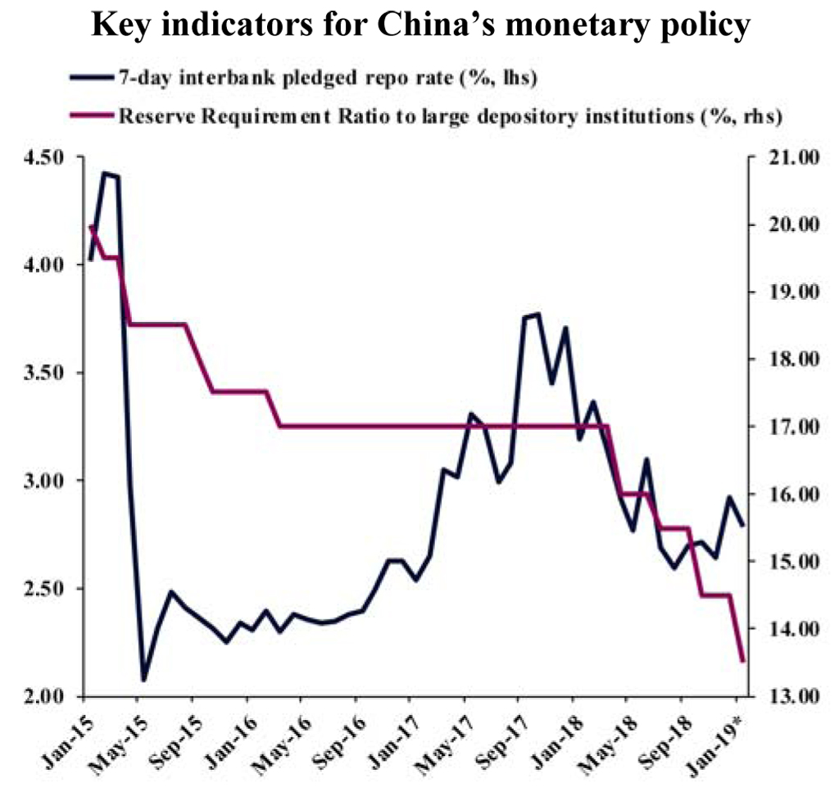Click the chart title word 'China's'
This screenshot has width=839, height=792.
pyautogui.click(x=433, y=27)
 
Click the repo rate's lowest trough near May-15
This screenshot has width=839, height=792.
pyautogui.click(x=143, y=680)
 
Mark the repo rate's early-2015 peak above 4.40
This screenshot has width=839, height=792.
pyautogui.click(x=104, y=173)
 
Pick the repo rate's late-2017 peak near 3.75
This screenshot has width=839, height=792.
pyautogui.click(x=537, y=314)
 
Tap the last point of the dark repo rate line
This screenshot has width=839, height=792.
pyautogui.click(x=743, y=525)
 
